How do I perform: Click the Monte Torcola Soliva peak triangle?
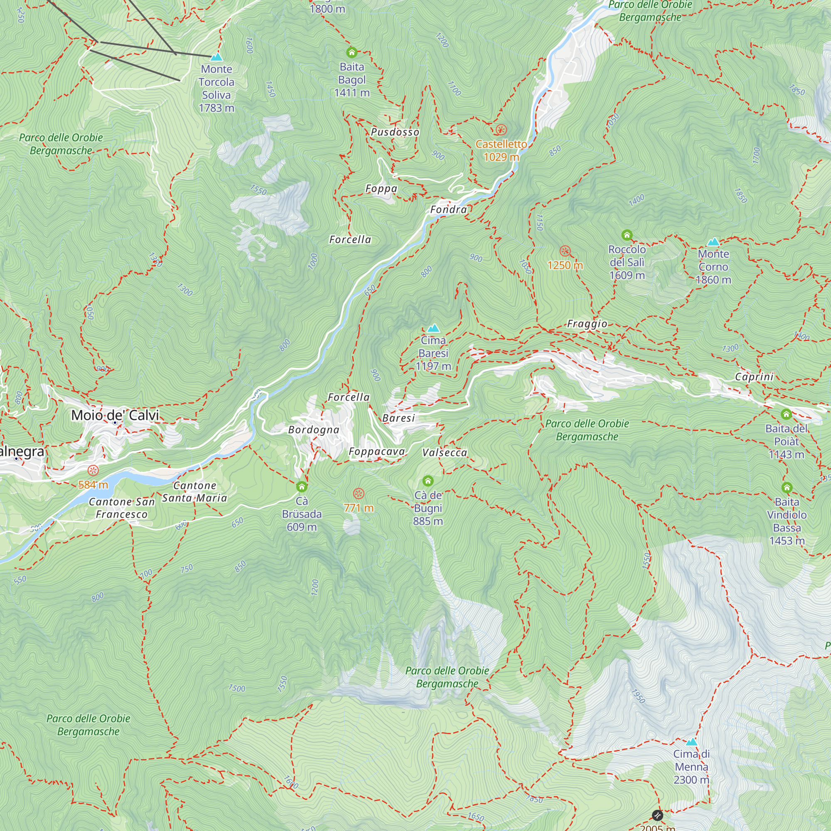[x=216, y=57]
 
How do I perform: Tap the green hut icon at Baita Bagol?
[x=352, y=52]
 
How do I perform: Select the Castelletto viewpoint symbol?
[x=501, y=130]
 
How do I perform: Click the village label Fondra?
[x=449, y=209]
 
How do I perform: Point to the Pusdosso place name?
[x=395, y=132]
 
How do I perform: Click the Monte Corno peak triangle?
[x=713, y=242]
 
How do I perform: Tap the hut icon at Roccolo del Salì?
[x=627, y=235]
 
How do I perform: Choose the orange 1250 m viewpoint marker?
[x=565, y=251]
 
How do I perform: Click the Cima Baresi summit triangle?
[x=433, y=328]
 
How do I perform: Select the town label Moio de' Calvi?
[x=115, y=415]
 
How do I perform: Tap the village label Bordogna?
[x=314, y=430]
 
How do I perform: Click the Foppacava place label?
[x=377, y=451]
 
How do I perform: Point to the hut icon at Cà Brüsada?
[x=302, y=487]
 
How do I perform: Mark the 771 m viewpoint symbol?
[x=359, y=493]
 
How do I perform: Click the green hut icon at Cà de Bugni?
[x=428, y=480]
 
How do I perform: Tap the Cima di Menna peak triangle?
[x=691, y=742]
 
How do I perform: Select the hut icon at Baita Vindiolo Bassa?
[x=787, y=487]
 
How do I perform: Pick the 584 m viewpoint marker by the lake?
[x=93, y=470]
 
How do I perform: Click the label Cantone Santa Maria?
[x=194, y=492]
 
